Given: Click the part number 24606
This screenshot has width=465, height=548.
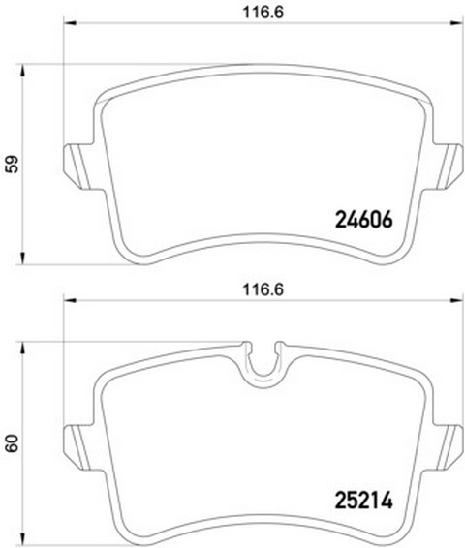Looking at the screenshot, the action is click(364, 220).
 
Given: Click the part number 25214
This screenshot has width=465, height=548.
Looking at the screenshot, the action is click(364, 501).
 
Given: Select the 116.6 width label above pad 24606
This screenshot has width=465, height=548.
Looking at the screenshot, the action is click(263, 13).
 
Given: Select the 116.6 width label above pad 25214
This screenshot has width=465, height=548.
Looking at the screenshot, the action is click(263, 289).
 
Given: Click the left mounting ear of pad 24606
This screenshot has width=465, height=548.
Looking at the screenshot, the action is click(77, 167).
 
